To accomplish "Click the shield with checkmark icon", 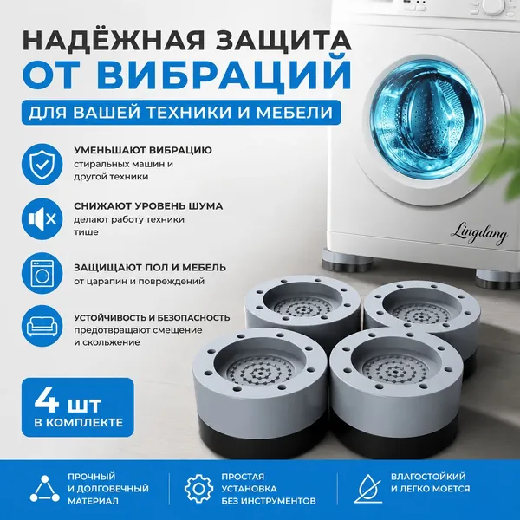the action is [42, 164].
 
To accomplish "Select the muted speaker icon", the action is [42, 219].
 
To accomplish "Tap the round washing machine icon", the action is [42, 273].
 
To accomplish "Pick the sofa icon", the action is [42, 326].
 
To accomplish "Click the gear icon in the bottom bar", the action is [198, 489].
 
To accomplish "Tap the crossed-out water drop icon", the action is [368, 489].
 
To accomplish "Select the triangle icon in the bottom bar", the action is [45, 489].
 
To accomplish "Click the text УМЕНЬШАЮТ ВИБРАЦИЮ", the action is [143, 150].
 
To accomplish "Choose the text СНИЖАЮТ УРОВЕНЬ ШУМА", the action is [148, 206].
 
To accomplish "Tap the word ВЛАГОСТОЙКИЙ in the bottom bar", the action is [428, 477].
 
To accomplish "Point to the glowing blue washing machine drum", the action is [427, 120].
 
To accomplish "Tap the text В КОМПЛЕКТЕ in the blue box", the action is [79, 423].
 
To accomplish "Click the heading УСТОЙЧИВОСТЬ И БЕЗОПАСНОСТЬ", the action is [152, 318].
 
